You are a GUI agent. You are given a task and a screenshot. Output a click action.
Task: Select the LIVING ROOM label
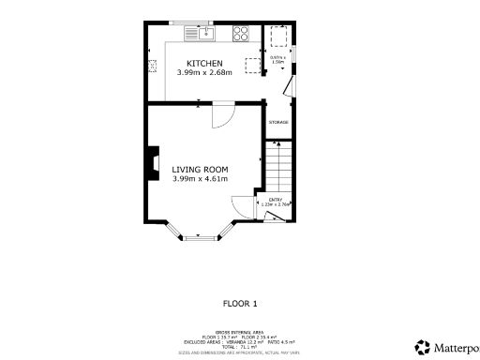click(200, 169)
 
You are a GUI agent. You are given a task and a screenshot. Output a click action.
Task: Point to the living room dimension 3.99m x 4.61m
click(200, 178)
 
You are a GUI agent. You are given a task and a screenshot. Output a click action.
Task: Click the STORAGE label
click(278, 123)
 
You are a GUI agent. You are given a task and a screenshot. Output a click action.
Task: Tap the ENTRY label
click(276, 200)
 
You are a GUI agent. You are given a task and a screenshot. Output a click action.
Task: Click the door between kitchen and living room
click(221, 115)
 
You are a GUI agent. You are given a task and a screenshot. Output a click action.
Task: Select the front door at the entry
click(276, 217)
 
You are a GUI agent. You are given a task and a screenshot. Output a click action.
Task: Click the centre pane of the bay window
click(200, 238)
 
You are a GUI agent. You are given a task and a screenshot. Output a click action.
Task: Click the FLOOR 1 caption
click(239, 303)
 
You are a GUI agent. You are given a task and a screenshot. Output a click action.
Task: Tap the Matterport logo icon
click(424, 347)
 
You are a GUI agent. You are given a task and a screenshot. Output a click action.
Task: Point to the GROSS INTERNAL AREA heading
click(239, 332)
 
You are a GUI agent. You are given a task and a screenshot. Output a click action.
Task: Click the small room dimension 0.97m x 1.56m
click(277, 60)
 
